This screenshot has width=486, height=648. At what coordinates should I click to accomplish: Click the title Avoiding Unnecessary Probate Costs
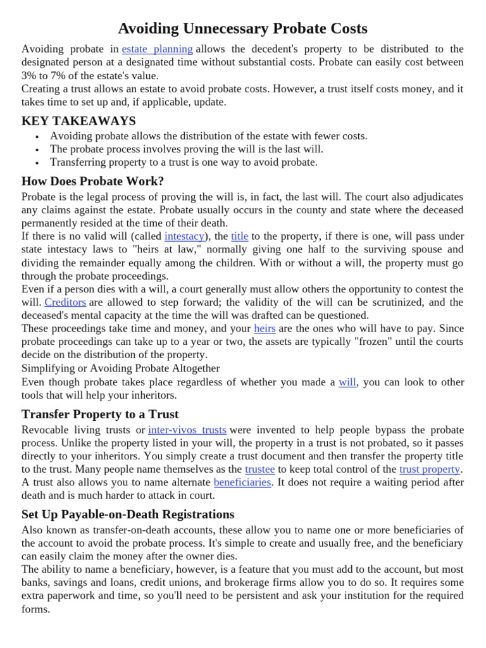tap(243, 28)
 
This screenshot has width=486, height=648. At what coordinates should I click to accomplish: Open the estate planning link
tap(157, 49)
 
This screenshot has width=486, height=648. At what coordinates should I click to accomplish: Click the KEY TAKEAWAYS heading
tap(78, 121)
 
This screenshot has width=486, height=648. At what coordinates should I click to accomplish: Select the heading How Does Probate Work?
tap(92, 181)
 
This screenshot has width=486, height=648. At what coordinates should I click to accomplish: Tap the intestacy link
tap(184, 236)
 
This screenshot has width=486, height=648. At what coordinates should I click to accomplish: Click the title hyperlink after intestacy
tap(239, 236)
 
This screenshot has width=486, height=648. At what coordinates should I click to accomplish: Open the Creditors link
tap(65, 302)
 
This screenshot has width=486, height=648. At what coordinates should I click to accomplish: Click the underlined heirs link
tap(265, 328)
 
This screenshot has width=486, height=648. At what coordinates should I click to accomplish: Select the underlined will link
tap(347, 382)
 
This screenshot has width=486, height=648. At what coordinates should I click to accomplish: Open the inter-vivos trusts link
tap(187, 430)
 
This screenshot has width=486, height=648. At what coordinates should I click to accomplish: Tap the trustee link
tap(259, 469)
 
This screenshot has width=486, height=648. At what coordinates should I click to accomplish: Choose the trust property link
tap(430, 469)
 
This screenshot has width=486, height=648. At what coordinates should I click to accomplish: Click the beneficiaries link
tap(242, 482)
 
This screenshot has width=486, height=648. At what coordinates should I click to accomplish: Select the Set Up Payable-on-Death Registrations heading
tap(128, 514)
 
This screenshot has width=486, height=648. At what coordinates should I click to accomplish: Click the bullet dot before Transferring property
tap(38, 163)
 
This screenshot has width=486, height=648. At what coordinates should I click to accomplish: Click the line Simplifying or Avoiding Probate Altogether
tap(121, 368)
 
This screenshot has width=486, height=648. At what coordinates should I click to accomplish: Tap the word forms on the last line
tap(35, 609)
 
